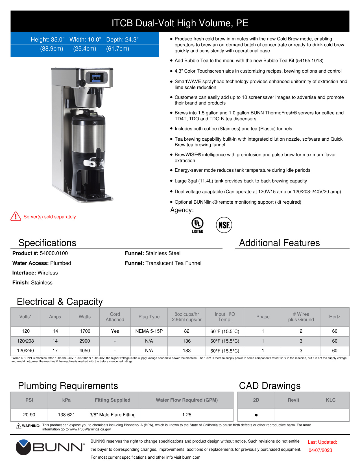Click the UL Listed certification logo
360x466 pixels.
coord(197,225)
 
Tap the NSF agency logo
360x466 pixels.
coord(224,225)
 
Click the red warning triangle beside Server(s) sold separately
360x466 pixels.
coord(16,216)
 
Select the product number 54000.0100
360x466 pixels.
coord(54,253)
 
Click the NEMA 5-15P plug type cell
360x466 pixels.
coord(149,331)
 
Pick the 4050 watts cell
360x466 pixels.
coord(85,350)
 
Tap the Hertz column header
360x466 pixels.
coord(335,317)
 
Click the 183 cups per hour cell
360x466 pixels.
coord(187,350)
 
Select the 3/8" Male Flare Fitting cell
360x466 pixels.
coord(112,415)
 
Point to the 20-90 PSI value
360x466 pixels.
coord(29,415)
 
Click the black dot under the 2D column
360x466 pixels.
coord(256,415)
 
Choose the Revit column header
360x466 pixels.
coord(293,400)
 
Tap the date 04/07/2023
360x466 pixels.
coord(320,450)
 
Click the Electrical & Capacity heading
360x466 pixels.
coord(60,302)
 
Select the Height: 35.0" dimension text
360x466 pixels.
coord(47,40)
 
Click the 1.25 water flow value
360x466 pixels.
coord(187,415)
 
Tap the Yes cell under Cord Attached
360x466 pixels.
coord(115,331)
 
